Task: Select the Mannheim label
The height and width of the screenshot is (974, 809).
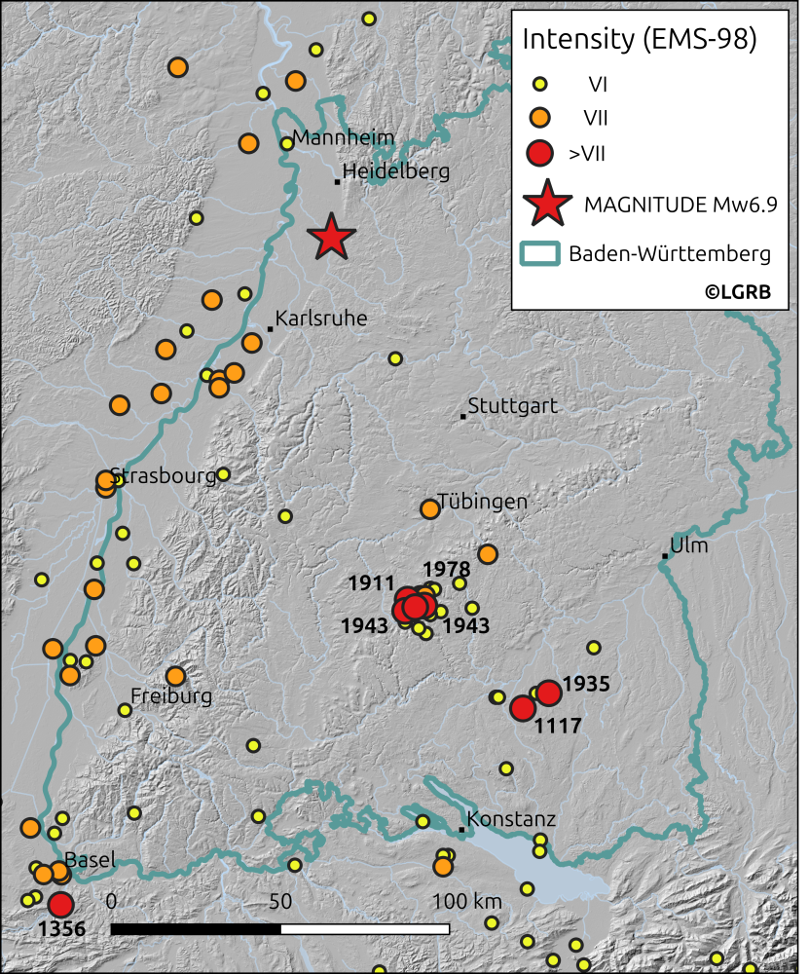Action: click(344, 137)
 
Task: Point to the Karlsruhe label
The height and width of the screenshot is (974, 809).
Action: click(321, 318)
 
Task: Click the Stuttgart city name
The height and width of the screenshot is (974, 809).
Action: click(513, 405)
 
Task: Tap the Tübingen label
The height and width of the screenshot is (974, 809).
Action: click(482, 502)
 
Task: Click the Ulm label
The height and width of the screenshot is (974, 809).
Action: click(689, 545)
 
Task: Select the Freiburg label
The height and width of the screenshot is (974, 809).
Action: click(171, 696)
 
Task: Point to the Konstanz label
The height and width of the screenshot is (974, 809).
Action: click(511, 820)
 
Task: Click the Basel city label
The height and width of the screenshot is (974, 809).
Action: click(92, 860)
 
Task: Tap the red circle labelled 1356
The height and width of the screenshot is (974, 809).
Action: click(61, 904)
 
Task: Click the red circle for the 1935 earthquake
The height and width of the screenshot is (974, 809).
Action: click(549, 693)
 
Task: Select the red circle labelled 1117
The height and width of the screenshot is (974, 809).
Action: click(523, 708)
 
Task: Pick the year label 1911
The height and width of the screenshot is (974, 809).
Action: click(370, 584)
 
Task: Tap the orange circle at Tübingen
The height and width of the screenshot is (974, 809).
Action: click(429, 508)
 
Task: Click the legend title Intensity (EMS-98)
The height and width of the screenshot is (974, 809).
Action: click(640, 40)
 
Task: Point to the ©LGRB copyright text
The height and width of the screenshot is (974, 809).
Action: click(732, 291)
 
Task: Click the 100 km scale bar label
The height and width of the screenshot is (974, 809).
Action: click(467, 901)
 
